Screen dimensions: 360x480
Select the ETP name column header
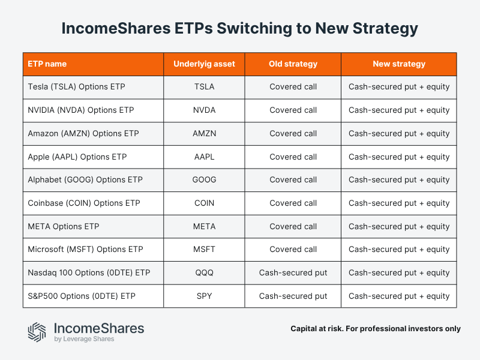click(x=47, y=64)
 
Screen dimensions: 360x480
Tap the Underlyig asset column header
click(x=204, y=64)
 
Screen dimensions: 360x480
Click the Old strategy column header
click(x=293, y=64)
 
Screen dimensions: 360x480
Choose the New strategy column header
click(x=399, y=64)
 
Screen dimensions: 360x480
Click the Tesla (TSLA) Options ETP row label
click(x=76, y=87)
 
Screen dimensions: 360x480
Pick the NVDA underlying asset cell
click(x=204, y=110)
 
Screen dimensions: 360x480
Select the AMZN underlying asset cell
click(x=204, y=133)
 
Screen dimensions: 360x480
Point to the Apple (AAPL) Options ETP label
click(x=77, y=157)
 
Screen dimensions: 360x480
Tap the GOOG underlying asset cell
click(x=204, y=180)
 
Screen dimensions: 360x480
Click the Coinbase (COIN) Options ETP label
click(x=84, y=203)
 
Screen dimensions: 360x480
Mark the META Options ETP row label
click(x=64, y=226)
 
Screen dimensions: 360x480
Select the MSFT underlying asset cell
click(x=204, y=250)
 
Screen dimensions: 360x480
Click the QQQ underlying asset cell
click(x=204, y=273)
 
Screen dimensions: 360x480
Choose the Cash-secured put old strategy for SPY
click(x=293, y=296)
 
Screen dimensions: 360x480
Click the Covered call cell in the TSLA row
click(x=293, y=87)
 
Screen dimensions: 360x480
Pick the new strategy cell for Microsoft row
click(x=399, y=250)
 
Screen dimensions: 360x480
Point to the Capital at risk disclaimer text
click(x=376, y=329)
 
